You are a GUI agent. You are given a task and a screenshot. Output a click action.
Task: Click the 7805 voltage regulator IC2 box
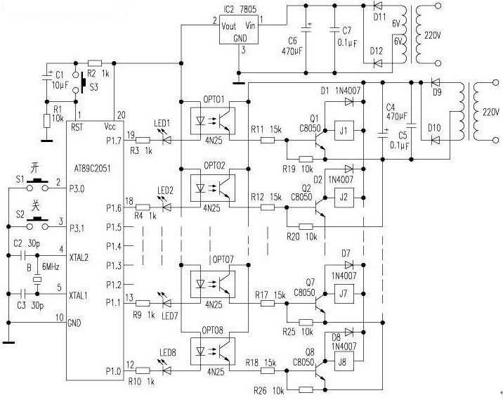coord(238,31)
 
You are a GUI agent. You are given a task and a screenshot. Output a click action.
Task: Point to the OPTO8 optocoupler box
coord(214,351)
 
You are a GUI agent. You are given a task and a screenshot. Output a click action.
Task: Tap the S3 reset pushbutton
coord(84,82)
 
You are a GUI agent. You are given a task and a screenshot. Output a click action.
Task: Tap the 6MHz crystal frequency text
coord(50,267)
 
